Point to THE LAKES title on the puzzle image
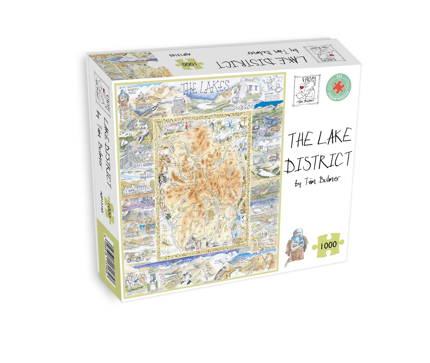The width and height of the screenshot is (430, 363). pyautogui.click(x=206, y=87)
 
